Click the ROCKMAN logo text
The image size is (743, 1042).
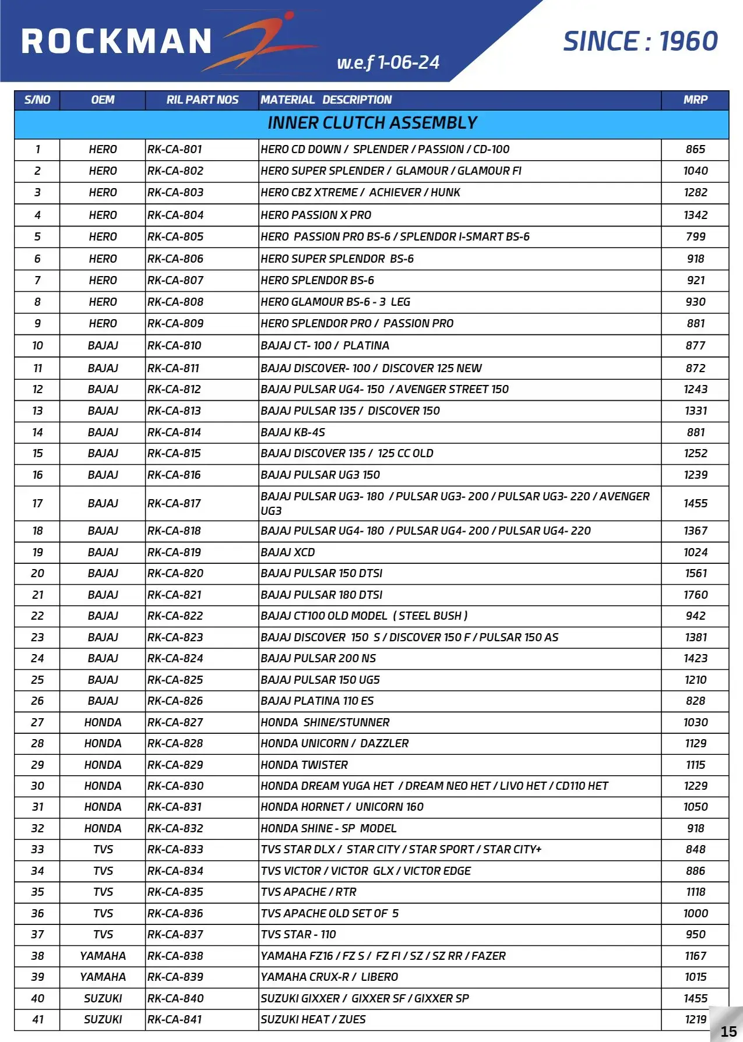point(117,42)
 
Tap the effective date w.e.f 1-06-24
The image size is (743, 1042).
point(388,62)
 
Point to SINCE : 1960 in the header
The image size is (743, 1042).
point(640,41)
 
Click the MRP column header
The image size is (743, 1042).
point(695,100)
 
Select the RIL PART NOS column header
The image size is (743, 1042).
point(202,100)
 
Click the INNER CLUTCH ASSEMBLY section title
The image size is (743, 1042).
point(372,123)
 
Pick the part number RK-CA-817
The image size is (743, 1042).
point(174,503)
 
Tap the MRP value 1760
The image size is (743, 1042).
point(695,595)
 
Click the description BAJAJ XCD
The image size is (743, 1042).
point(288,552)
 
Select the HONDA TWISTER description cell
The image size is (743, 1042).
point(304,765)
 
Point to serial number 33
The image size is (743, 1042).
point(37,849)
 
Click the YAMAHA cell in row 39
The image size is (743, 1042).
point(103,977)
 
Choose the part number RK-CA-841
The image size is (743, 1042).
point(175,1019)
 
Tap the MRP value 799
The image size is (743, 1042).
point(695,236)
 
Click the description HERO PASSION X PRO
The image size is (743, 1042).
point(316,215)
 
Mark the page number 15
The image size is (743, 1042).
point(728,1032)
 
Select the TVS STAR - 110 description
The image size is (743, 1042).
point(298,934)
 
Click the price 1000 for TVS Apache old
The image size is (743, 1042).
point(695,913)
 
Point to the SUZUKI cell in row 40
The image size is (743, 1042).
point(103,998)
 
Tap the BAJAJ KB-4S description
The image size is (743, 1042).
point(293,432)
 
